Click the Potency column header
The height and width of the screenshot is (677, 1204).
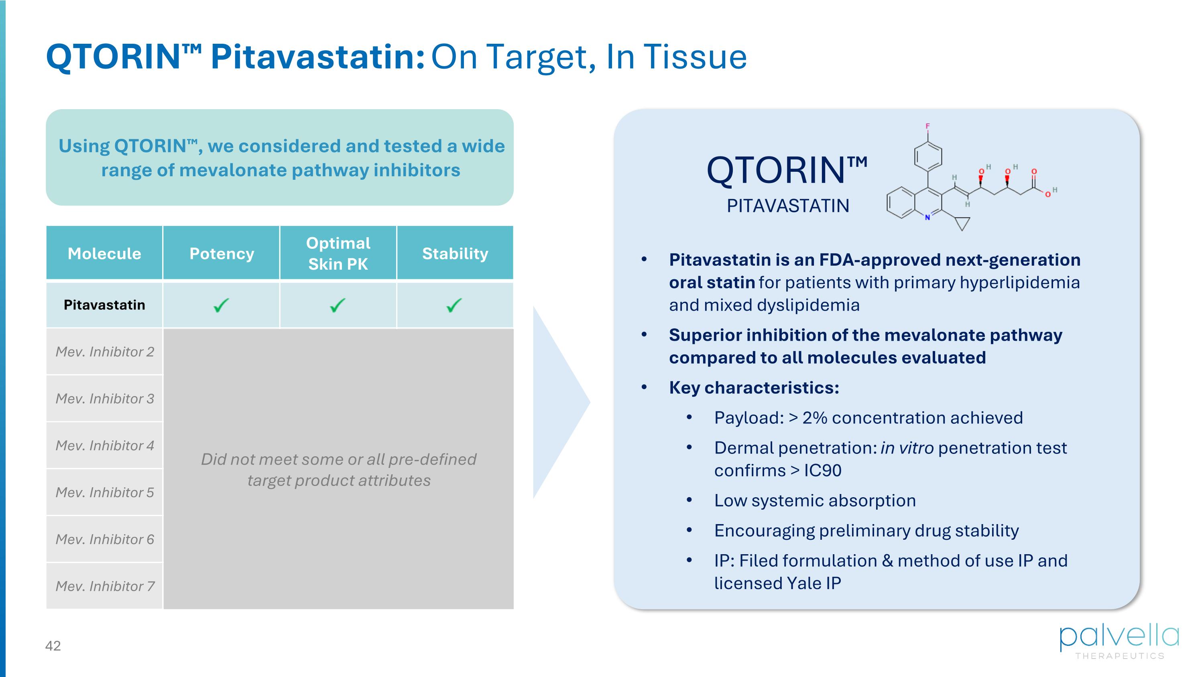[222, 253]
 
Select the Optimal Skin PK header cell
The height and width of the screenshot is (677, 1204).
[338, 253]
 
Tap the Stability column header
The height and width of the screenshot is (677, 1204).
[455, 253]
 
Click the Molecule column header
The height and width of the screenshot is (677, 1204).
[104, 253]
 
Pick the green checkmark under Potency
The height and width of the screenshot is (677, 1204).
[221, 305]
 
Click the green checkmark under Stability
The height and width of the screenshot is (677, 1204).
[454, 305]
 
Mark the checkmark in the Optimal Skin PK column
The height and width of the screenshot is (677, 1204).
[338, 305]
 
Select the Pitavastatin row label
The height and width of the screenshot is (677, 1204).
[104, 305]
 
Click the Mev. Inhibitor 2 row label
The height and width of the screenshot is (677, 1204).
[105, 352]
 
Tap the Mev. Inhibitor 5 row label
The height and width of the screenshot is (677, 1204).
[105, 492]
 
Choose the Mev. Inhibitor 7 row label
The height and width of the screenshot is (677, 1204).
[105, 586]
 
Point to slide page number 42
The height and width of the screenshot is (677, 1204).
[53, 646]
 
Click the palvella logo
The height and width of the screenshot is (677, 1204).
[1119, 642]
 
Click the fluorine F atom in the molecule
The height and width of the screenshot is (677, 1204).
[928, 126]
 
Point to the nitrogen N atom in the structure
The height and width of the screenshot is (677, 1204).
[928, 217]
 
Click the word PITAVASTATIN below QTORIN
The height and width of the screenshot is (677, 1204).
[788, 206]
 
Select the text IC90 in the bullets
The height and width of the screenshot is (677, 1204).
[823, 470]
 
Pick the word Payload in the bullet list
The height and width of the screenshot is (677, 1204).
[746, 418]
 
